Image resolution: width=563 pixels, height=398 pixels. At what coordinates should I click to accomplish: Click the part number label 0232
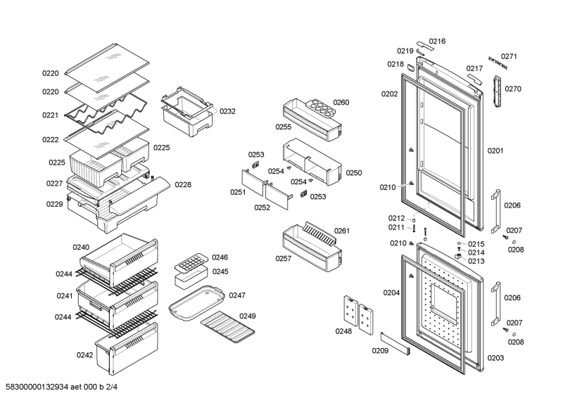[227, 111]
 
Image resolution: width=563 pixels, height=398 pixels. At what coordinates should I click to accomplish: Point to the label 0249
[247, 316]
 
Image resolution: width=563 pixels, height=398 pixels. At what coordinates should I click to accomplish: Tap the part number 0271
[509, 57]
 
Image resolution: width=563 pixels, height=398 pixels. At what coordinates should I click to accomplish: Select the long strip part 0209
[395, 345]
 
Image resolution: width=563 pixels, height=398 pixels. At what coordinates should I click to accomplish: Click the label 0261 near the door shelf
[342, 231]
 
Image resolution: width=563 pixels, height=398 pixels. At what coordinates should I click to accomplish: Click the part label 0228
[183, 185]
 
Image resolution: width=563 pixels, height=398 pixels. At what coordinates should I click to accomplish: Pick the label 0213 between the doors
[476, 261]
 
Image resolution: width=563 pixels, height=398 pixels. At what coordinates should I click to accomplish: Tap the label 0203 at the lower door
[495, 358]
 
